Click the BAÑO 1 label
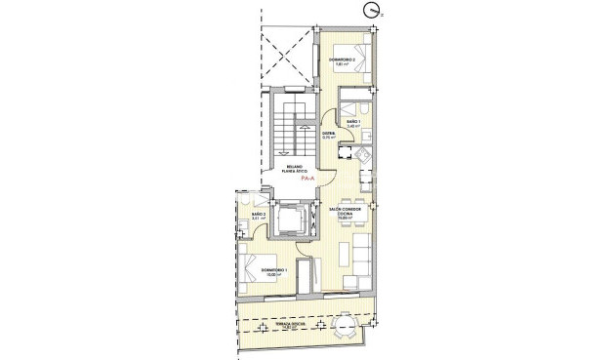[352, 121]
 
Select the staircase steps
[283, 127]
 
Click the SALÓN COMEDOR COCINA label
[348, 211]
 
